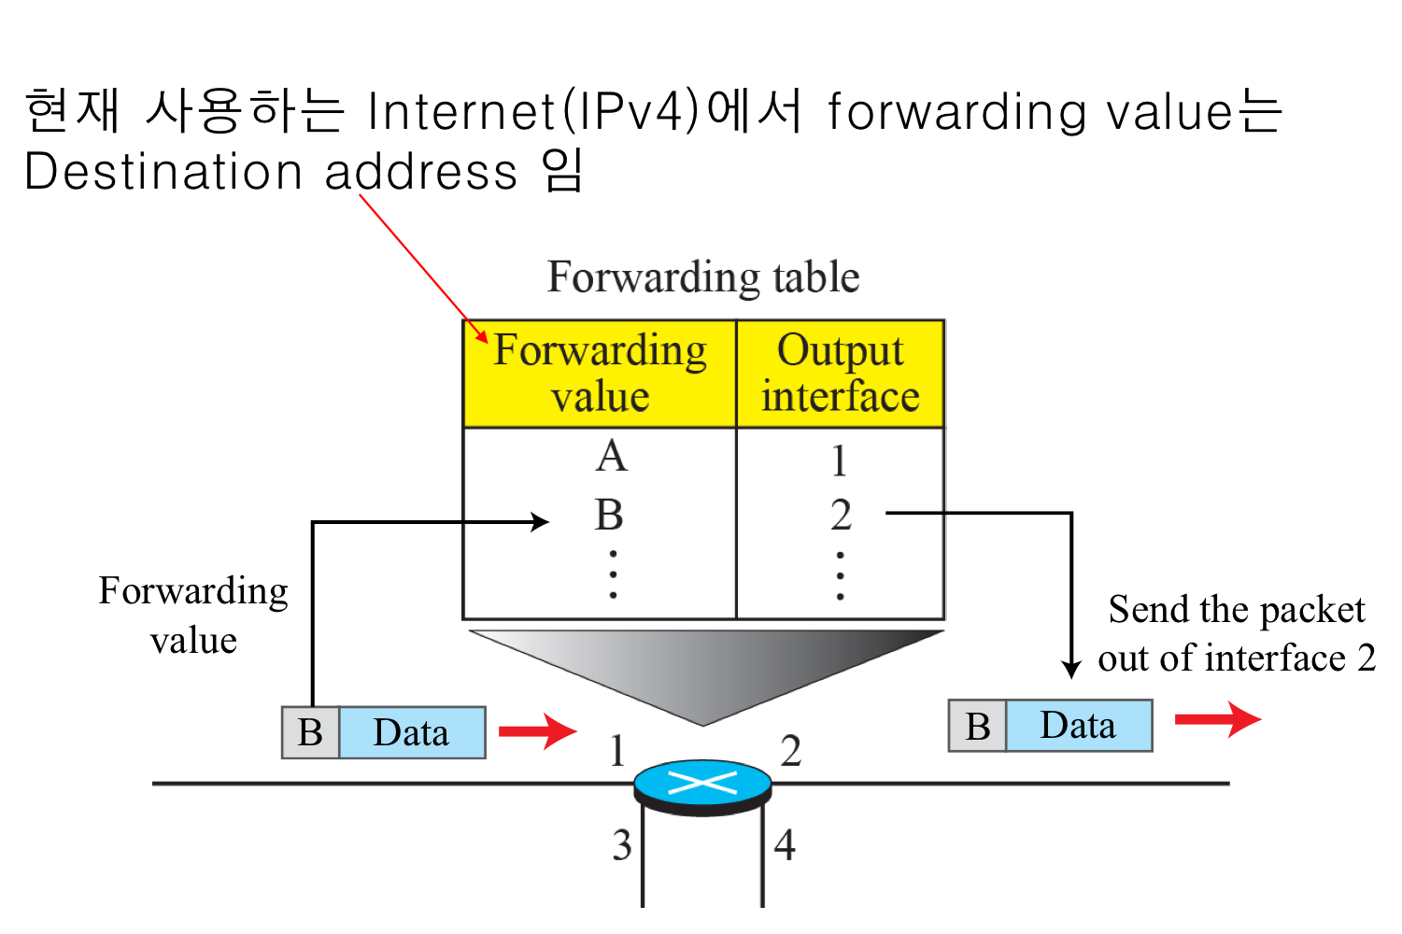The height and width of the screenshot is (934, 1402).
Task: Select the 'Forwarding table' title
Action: coord(702,277)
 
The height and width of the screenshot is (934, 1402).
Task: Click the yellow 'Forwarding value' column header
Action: coord(600,374)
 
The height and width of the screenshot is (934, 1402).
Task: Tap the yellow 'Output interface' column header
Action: coord(840,374)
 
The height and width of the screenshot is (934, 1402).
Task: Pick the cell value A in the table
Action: coord(612,457)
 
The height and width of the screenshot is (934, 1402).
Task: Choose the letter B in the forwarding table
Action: coord(609,515)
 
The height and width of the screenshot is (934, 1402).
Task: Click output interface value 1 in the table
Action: coord(840,460)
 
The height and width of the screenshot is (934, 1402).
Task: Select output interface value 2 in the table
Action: coord(841,515)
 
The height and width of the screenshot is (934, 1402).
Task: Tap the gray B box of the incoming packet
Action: coord(310,732)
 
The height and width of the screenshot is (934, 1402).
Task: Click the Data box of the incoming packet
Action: coord(411,732)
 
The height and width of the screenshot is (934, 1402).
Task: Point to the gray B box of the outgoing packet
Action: coord(977,726)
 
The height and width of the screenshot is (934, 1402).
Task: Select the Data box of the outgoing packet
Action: coord(1078,726)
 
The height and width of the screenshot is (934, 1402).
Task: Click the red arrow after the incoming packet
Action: coord(537,731)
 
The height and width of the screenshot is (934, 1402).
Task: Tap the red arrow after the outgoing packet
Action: coord(1217,719)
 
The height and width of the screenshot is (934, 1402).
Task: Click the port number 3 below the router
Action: coord(622,845)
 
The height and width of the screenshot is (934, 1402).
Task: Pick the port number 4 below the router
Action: coord(785,845)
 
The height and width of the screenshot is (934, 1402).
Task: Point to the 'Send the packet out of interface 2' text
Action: coord(1236,633)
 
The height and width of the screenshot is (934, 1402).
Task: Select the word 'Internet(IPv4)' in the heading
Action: coord(533,111)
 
